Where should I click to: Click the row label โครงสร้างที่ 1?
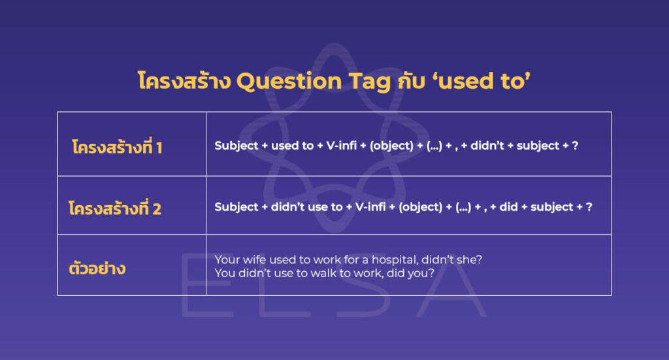[117, 148]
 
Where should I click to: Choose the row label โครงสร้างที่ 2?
[114, 209]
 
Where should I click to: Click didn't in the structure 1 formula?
[485, 146]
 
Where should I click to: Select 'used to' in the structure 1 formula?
[291, 146]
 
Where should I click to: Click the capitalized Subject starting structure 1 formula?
[237, 146]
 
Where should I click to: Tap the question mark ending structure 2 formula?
[589, 207]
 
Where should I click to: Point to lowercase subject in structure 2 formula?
[552, 207]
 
